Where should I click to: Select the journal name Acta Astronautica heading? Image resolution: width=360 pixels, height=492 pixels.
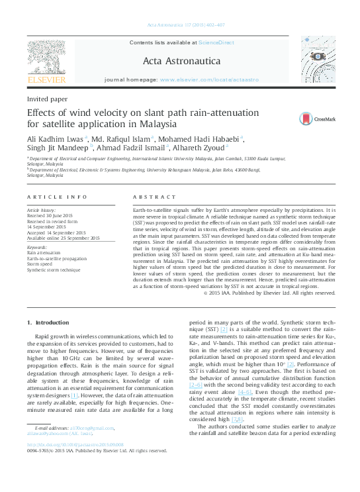[171, 62]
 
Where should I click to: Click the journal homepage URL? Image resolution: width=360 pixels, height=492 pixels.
[209, 79]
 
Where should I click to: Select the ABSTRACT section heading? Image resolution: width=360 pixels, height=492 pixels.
[154, 197]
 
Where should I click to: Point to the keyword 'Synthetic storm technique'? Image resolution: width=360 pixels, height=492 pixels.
[54, 270]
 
